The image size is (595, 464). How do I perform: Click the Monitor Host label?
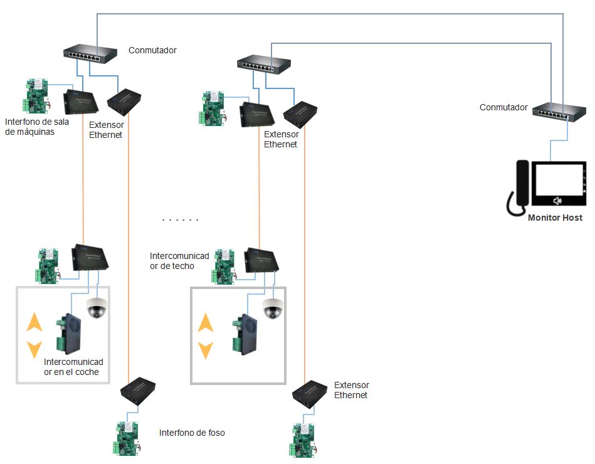pyautogui.click(x=555, y=218)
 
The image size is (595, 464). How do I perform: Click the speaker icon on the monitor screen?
pyautogui.click(x=556, y=201)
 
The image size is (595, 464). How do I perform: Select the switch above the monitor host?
pyautogui.click(x=559, y=113)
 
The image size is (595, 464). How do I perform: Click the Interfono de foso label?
pyautogui.click(x=192, y=433)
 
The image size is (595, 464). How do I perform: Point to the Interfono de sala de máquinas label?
pyautogui.click(x=37, y=127)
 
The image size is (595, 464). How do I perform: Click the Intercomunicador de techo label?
pyautogui.click(x=179, y=261)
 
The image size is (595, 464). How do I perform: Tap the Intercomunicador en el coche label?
pyautogui.click(x=73, y=367)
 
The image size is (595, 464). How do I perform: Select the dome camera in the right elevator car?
pyautogui.click(x=272, y=308)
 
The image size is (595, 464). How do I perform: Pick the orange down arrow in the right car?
pyautogui.click(x=206, y=349)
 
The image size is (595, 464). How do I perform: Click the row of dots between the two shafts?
pyautogui.click(x=180, y=220)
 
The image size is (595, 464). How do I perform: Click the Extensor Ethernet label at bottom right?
pyautogui.click(x=351, y=390)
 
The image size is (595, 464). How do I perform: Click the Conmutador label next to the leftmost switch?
pyautogui.click(x=152, y=50)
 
